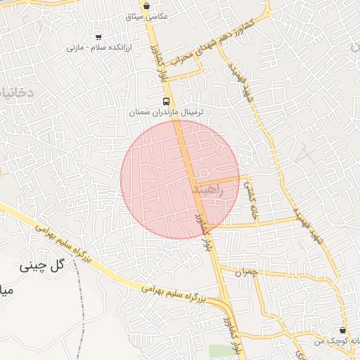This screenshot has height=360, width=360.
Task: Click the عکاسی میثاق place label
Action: click(146, 16)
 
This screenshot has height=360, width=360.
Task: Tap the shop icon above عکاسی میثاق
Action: click(146, 6)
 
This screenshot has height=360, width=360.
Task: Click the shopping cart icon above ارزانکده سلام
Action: click(97, 37)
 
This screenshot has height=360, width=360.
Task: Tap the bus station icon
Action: click(166, 101)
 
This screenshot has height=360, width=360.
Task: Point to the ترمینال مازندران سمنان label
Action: click(160, 112)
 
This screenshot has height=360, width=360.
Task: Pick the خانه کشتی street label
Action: click(252, 200)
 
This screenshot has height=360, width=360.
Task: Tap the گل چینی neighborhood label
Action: click(44, 265)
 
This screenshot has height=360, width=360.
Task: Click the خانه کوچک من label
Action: click(340, 340)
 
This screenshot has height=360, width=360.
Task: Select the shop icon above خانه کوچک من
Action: click(342, 330)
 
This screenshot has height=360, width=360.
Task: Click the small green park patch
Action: click(219, 350)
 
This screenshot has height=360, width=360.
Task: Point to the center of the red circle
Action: click(180, 179)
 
